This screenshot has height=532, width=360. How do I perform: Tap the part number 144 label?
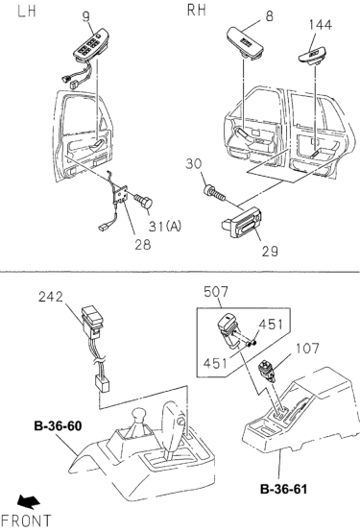[322, 23]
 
